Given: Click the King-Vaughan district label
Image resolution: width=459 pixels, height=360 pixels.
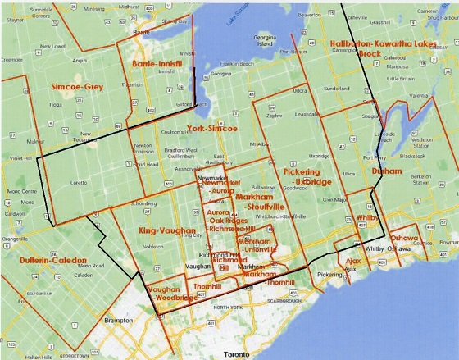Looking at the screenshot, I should click(165, 231).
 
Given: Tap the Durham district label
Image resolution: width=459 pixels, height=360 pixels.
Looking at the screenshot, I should click(387, 171).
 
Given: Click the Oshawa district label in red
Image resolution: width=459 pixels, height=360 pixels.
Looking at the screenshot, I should click(405, 237).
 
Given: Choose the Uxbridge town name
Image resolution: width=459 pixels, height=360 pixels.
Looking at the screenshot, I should click(318, 155).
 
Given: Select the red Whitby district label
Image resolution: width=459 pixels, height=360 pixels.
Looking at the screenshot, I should click(366, 218).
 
